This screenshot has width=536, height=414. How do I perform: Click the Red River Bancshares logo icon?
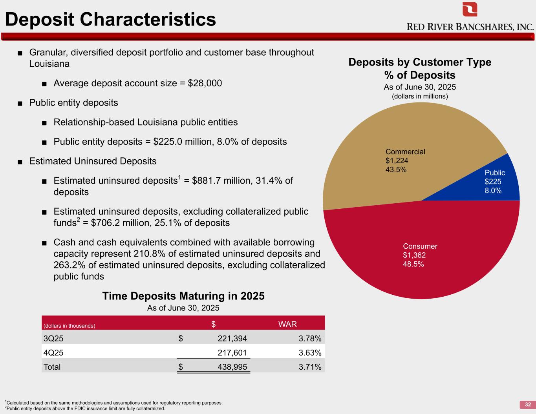point(470,9)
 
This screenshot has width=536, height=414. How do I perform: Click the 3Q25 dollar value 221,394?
point(232,338)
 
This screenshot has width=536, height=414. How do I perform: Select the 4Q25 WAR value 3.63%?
point(310,352)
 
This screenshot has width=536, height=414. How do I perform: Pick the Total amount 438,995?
point(232,367)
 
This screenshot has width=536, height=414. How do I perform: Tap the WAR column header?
point(287,324)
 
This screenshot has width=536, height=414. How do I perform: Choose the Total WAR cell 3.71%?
point(310,367)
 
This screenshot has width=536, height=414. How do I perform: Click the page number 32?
point(528,405)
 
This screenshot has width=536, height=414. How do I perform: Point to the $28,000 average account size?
point(205,84)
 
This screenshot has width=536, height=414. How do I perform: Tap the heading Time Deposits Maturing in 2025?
point(183,296)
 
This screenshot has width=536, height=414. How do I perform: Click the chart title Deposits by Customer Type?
point(420,62)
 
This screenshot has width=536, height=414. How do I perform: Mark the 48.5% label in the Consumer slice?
point(413,264)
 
